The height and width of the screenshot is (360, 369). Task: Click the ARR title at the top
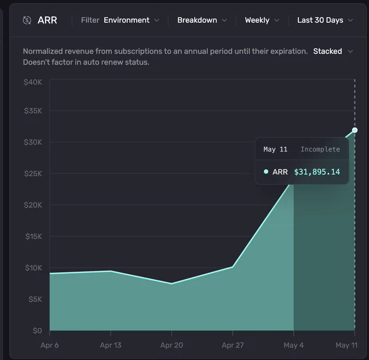tap(47, 20)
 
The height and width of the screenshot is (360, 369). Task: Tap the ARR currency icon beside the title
tap(27, 20)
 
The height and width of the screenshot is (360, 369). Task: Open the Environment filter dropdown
tap(131, 20)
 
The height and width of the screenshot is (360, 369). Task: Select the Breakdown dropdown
tap(202, 20)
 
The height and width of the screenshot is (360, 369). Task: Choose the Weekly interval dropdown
tap(262, 20)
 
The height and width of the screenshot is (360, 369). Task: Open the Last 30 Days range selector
tap(325, 20)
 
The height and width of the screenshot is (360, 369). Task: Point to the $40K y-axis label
tap(33, 82)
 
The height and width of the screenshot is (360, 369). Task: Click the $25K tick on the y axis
tap(33, 174)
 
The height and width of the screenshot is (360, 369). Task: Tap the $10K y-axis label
tap(34, 268)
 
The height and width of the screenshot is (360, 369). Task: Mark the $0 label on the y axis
tap(37, 331)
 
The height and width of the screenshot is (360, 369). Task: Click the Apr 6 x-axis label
tap(50, 345)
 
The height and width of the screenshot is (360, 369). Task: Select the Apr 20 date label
tap(171, 345)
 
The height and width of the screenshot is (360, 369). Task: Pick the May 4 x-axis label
tap(294, 345)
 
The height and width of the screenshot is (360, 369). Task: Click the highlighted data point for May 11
tap(355, 130)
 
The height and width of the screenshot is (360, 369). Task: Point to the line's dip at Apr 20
tap(171, 283)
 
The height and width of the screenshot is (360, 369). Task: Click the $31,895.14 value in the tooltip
tap(317, 172)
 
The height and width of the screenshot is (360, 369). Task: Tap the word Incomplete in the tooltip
tap(320, 149)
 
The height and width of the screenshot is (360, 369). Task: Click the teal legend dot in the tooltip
tap(266, 172)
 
